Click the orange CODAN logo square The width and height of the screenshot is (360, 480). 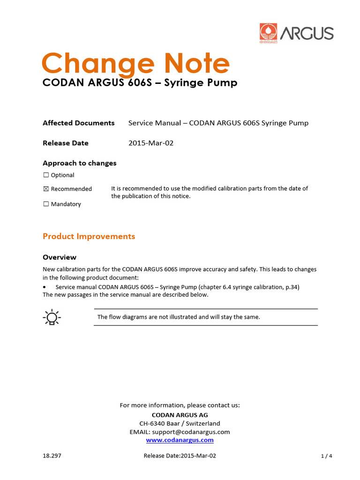pyautogui.click(x=269, y=34)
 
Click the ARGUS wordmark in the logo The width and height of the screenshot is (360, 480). pyautogui.click(x=307, y=34)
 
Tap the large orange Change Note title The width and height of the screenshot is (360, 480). pyautogui.click(x=135, y=64)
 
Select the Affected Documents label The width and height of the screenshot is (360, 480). pyautogui.click(x=78, y=123)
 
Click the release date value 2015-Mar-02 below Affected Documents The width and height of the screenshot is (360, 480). pyautogui.click(x=150, y=143)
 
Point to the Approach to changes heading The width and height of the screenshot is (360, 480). pyautogui.click(x=79, y=163)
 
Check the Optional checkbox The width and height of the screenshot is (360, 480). pyautogui.click(x=46, y=175)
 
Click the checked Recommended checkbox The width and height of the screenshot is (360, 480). pyautogui.click(x=46, y=189)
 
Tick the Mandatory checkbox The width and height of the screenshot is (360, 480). pyautogui.click(x=46, y=204)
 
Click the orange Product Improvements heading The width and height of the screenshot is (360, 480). pyautogui.click(x=89, y=236)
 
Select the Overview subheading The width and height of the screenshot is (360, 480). pyautogui.click(x=59, y=257)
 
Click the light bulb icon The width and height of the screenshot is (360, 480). pyautogui.click(x=52, y=317)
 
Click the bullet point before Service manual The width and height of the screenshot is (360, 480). pyautogui.click(x=45, y=287)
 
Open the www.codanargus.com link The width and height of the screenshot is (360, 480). pyautogui.click(x=180, y=440)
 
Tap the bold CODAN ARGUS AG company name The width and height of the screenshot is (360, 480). pyautogui.click(x=180, y=415)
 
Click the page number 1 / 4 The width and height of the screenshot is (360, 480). pyautogui.click(x=326, y=456)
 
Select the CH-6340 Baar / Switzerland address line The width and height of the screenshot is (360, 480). pyautogui.click(x=180, y=423)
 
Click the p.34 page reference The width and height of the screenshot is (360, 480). pyautogui.click(x=292, y=287)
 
